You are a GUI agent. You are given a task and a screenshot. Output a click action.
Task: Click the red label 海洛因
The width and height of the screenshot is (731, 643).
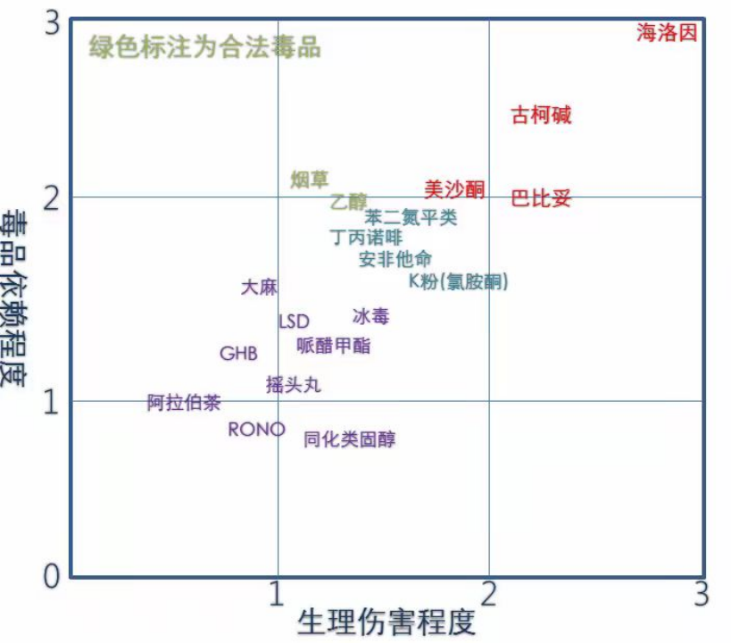tap(667, 34)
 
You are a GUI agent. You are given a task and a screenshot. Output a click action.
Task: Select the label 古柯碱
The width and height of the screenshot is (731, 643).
tap(541, 115)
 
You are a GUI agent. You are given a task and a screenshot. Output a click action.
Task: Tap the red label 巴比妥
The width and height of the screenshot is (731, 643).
tap(540, 198)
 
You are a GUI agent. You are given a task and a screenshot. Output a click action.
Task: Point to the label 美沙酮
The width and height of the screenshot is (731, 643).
tap(453, 188)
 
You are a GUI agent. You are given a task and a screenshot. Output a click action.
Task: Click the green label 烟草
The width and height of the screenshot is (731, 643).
tap(310, 180)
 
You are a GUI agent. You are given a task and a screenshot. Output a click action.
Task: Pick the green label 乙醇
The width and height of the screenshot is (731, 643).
tap(348, 201)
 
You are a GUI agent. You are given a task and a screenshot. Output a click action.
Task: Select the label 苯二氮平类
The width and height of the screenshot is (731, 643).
tap(411, 217)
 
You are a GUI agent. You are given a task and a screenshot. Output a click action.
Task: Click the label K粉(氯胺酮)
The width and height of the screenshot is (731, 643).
tap(458, 281)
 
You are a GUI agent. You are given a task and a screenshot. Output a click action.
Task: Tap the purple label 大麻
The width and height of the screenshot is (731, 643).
tap(259, 288)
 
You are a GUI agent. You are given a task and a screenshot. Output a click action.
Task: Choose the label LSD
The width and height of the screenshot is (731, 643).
tap(294, 321)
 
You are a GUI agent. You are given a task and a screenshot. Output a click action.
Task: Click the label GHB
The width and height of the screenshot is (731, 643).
tap(238, 354)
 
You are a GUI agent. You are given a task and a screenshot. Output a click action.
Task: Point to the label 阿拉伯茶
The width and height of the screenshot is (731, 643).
tap(184, 403)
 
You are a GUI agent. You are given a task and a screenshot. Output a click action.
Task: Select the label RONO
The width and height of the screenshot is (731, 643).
tap(256, 430)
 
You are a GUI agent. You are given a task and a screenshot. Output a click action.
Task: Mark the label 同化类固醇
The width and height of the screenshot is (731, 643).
tap(349, 438)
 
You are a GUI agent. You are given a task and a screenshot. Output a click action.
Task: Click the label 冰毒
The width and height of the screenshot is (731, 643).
tap(370, 316)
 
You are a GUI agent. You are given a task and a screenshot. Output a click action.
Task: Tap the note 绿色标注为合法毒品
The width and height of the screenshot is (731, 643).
tap(204, 47)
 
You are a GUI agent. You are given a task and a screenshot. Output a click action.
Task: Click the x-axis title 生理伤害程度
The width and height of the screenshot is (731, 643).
tap(386, 622)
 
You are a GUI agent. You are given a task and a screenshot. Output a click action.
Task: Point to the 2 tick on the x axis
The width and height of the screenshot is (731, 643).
tap(488, 593)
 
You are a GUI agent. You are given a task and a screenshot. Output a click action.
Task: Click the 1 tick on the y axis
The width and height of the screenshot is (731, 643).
tap(52, 401)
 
